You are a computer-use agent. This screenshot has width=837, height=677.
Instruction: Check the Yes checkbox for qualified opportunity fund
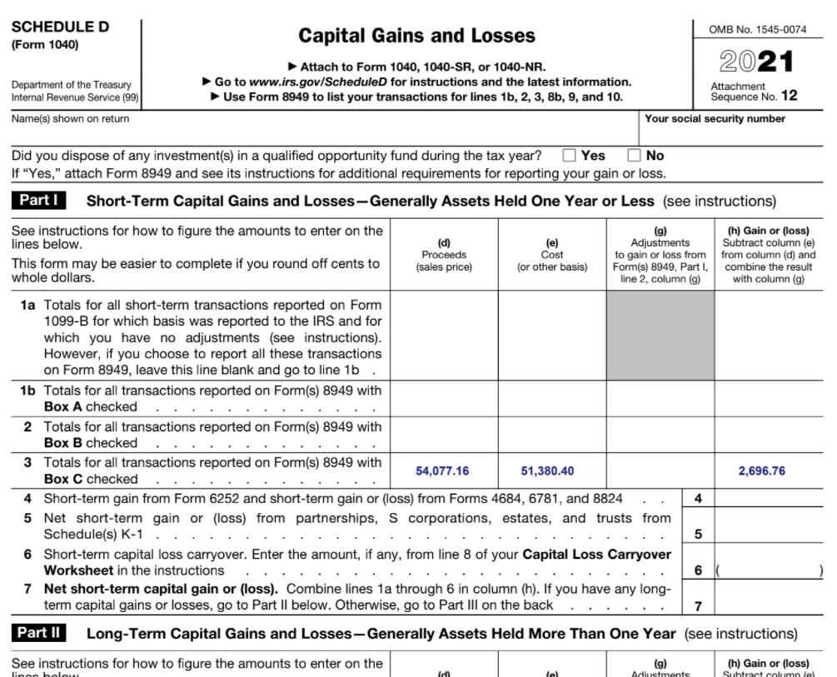pyautogui.click(x=570, y=156)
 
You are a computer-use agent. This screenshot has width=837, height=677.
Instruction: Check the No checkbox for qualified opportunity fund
pyautogui.click(x=635, y=156)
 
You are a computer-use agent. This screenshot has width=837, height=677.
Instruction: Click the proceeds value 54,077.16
pyautogui.click(x=442, y=471)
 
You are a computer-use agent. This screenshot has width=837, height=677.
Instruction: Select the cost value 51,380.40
pyautogui.click(x=547, y=471)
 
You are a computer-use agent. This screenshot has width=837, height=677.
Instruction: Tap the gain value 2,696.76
pyautogui.click(x=761, y=471)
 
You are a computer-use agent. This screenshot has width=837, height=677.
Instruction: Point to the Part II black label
pyautogui.click(x=39, y=633)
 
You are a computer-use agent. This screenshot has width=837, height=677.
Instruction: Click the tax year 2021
pyautogui.click(x=756, y=62)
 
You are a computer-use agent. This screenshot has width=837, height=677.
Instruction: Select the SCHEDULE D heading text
pyautogui.click(x=60, y=27)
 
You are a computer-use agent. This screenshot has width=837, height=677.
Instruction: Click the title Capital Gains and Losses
pyautogui.click(x=416, y=36)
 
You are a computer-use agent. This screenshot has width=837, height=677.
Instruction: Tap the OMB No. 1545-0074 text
pyautogui.click(x=757, y=30)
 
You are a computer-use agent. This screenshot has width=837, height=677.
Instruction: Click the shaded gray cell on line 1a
pyautogui.click(x=660, y=336)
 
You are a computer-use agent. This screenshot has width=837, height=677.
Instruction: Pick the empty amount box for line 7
pyautogui.click(x=768, y=597)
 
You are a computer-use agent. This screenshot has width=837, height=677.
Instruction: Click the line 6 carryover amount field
pyautogui.click(x=768, y=570)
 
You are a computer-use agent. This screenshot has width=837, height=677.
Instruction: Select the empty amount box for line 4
pyautogui.click(x=768, y=499)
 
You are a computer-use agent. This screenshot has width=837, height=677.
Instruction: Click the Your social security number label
pyautogui.click(x=715, y=119)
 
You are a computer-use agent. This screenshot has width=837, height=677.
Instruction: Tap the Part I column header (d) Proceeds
pyautogui.click(x=444, y=255)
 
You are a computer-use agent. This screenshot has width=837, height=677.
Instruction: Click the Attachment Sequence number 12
pyautogui.click(x=789, y=96)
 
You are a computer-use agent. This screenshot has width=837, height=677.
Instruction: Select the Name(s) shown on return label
pyautogui.click(x=71, y=119)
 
